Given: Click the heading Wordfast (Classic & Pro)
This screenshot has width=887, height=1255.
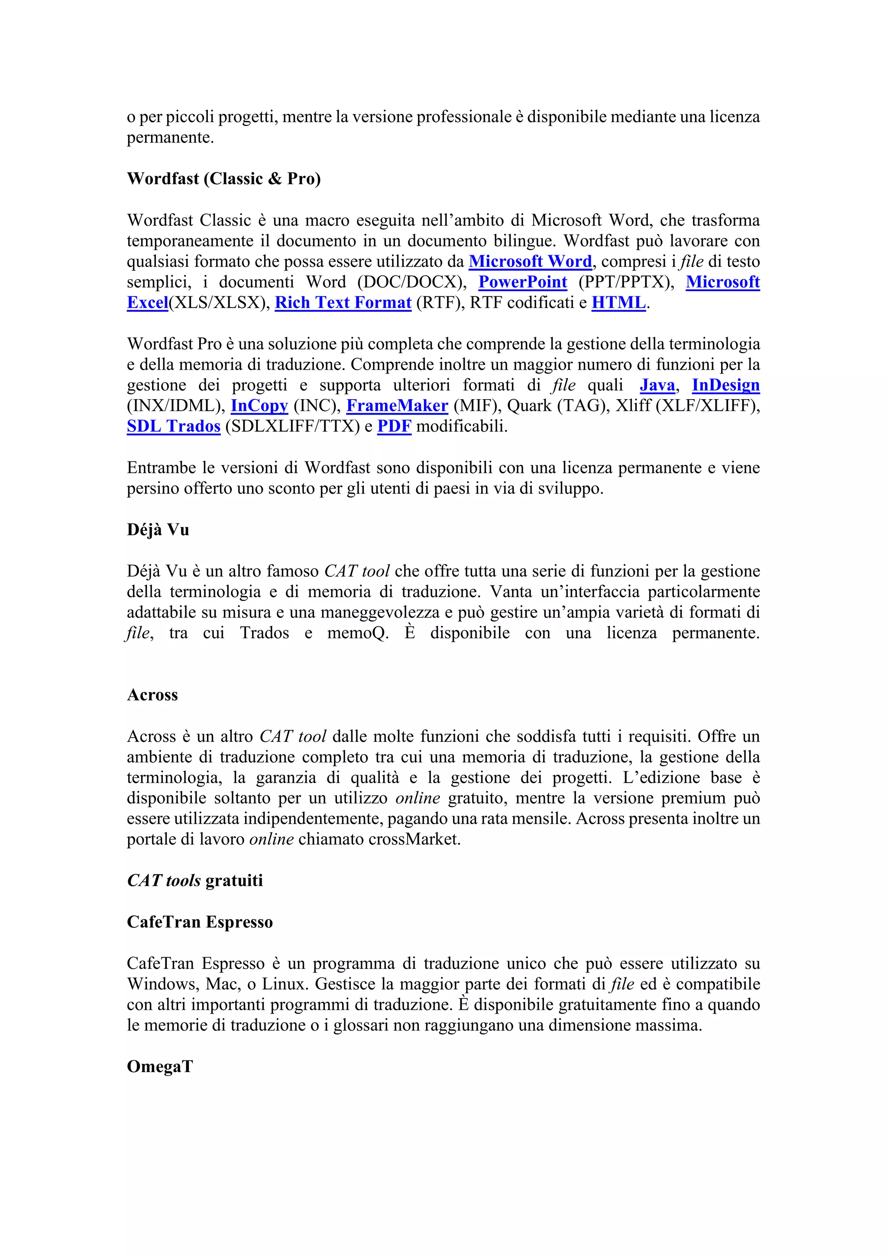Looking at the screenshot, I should click(x=223, y=179).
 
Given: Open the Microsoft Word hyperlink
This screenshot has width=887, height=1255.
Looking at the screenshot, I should click(x=530, y=261).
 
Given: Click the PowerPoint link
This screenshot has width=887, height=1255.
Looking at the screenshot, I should click(x=523, y=282).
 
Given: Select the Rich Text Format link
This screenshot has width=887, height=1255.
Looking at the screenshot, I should click(x=343, y=303).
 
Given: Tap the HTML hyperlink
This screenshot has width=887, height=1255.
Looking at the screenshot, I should click(x=618, y=303).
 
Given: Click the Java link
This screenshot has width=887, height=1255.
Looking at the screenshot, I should click(x=657, y=385).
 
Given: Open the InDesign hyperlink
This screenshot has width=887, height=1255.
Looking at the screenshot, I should click(x=725, y=385).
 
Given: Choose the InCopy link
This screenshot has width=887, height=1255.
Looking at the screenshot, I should click(x=259, y=406).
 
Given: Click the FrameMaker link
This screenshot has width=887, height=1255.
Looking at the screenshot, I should click(x=397, y=406).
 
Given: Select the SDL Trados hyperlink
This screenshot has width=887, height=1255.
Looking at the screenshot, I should click(x=173, y=426).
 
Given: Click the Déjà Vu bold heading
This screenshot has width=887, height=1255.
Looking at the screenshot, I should click(x=158, y=530).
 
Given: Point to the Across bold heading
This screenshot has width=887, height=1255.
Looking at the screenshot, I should click(x=152, y=695).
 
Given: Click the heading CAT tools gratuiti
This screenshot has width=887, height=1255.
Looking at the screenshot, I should click(x=194, y=881).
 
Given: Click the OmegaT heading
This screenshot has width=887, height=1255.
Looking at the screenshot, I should click(x=159, y=1066).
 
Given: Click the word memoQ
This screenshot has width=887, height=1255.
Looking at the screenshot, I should click(x=357, y=633).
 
